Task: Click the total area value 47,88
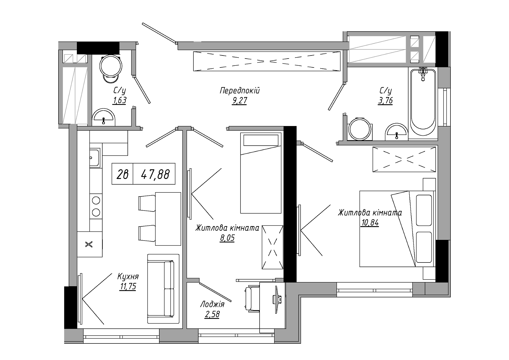tap(155, 174)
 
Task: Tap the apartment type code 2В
tap(122, 174)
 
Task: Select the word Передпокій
tap(239, 90)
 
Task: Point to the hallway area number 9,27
tap(239, 101)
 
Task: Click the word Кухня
tap(128, 276)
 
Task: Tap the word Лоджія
tap(212, 304)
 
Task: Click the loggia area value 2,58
tap(212, 314)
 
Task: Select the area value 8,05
tap(227, 238)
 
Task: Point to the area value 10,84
tap(370, 223)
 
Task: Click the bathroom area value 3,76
tap(386, 101)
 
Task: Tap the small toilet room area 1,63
tap(120, 101)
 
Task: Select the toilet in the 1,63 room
tap(111, 68)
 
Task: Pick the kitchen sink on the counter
tap(95, 158)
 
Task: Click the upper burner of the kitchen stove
tap(96, 201)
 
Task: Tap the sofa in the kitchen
tap(163, 289)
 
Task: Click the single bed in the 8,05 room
tap(261, 173)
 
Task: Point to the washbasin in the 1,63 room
tap(104, 118)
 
